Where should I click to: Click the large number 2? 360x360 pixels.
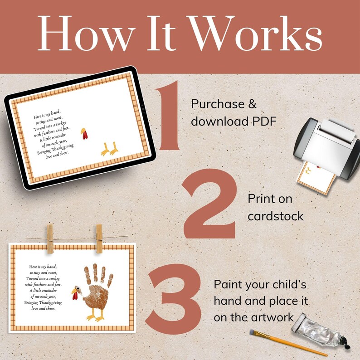click(210, 206)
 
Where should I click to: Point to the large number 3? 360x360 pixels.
click(175, 299)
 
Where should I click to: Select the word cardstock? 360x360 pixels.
click(275, 216)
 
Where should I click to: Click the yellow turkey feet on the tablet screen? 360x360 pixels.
click(110, 149)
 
